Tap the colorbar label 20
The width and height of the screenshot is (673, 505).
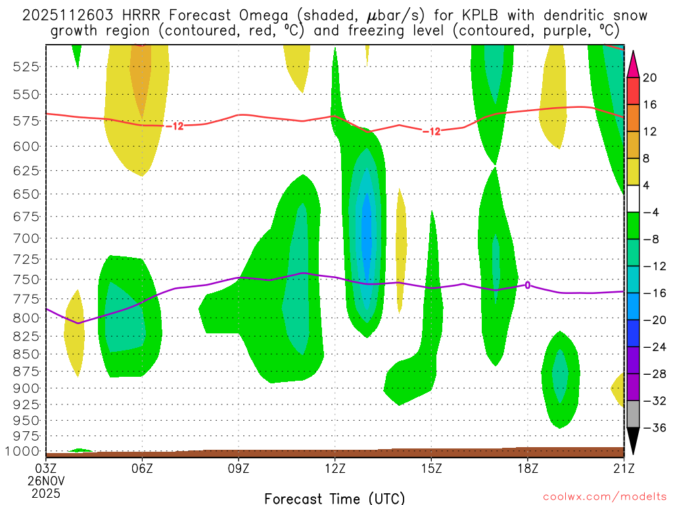pyautogui.click(x=650, y=78)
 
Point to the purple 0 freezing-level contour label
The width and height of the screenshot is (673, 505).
pyautogui.click(x=527, y=285)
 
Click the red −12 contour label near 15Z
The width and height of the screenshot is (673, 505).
pyautogui.click(x=431, y=132)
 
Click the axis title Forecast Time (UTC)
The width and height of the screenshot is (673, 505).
pyautogui.click(x=335, y=498)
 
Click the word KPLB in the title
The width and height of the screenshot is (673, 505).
pyautogui.click(x=413, y=15)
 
